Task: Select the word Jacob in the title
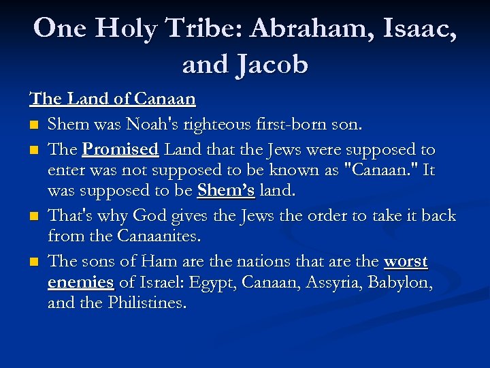point(272,64)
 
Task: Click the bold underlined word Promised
point(120,149)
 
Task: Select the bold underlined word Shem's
point(226,190)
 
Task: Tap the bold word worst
point(406,262)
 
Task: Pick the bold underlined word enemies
point(80,282)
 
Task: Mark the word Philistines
point(146,303)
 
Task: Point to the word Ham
point(156,262)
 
